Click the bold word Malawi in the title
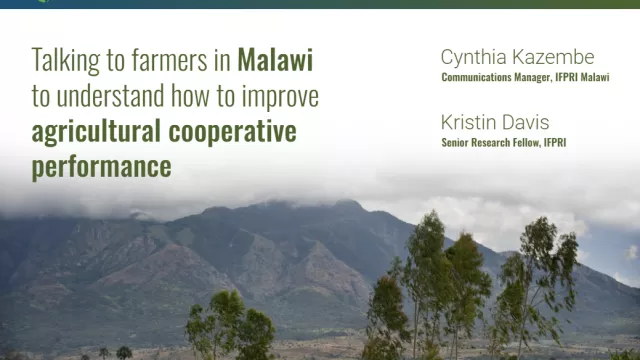pos(275,60)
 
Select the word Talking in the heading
pos(66,61)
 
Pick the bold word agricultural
pos(96,132)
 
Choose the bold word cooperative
pos(232,132)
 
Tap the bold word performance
pos(102,167)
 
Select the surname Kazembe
pos(548,57)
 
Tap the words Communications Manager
pos(496,77)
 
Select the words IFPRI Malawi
pos(582,77)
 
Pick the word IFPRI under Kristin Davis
pos(555,142)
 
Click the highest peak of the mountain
pos(346,201)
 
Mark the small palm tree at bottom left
pos(124,353)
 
